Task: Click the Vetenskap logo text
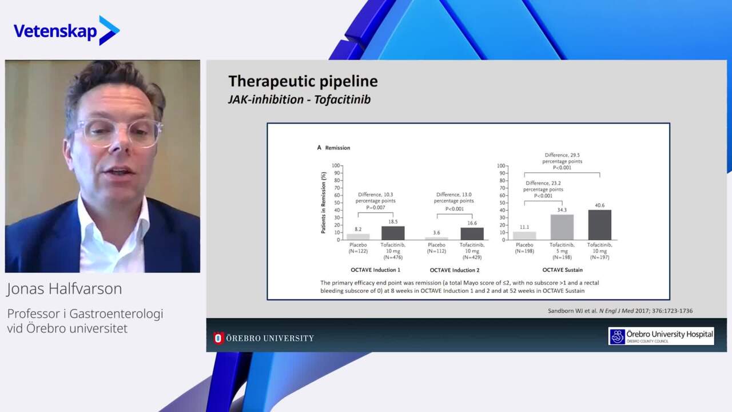point(55,31)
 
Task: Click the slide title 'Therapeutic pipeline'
point(303,81)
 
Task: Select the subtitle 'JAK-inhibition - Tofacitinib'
point(299,100)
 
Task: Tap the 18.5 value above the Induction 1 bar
point(393,221)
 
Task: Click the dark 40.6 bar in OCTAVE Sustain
point(600,225)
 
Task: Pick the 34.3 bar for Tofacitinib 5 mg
point(562,227)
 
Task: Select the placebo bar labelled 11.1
point(524,236)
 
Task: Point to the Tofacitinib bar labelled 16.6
point(472,234)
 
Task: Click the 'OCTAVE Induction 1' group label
point(376,270)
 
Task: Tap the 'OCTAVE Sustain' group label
point(562,270)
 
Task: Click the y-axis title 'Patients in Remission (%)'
point(324,203)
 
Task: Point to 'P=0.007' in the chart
point(376,208)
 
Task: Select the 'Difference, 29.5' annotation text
point(562,155)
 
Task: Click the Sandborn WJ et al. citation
point(620,311)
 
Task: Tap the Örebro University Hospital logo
point(661,336)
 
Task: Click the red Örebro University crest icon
point(218,338)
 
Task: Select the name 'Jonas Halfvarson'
point(65,289)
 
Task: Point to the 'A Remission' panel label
point(333,148)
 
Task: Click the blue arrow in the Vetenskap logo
point(109,30)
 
